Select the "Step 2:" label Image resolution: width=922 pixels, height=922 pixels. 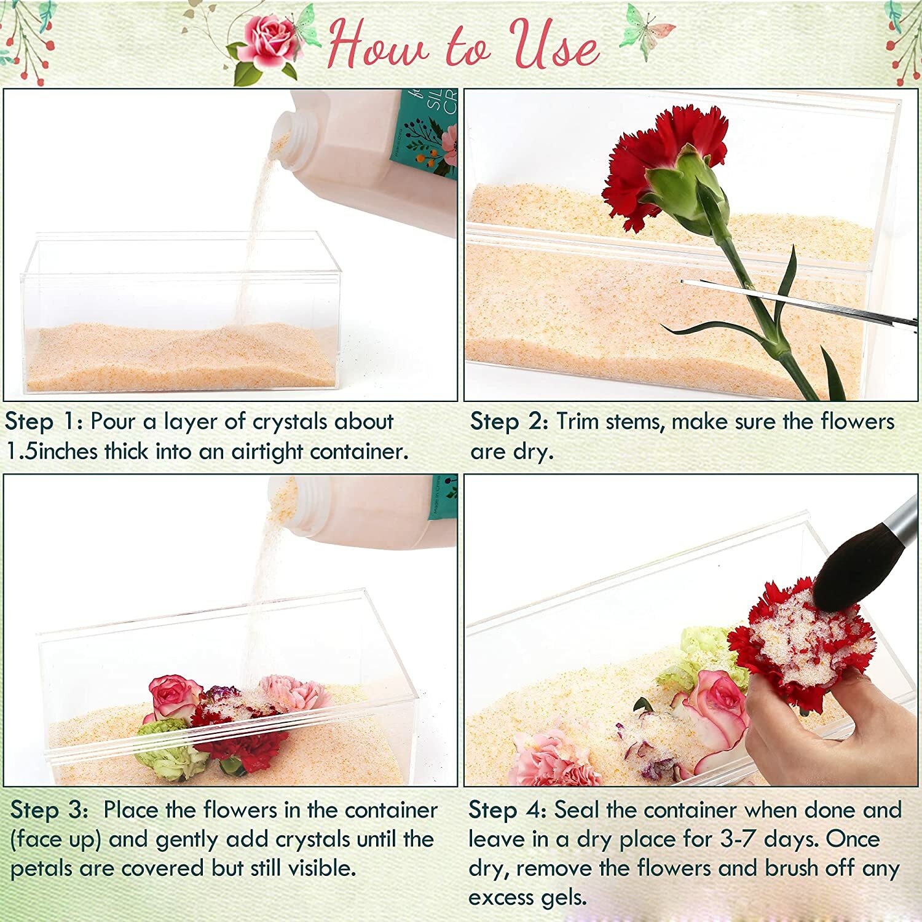509,422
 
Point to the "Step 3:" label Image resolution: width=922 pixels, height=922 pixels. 50,810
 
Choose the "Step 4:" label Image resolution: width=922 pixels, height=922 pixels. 507,810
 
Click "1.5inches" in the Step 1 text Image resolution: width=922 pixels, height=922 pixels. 52,452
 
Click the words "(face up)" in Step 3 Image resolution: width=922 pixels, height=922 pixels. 55,840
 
